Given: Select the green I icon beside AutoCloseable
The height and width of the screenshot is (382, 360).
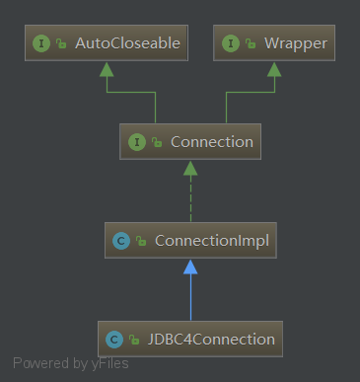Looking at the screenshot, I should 40,43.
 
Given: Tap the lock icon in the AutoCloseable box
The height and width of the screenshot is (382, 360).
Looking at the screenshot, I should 61,44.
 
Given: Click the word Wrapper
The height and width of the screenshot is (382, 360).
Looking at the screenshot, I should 295,43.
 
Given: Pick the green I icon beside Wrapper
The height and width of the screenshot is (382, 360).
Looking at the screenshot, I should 231,43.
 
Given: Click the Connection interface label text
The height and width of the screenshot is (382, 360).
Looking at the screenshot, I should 211,142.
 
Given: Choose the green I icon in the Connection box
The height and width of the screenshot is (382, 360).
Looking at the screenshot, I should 137,142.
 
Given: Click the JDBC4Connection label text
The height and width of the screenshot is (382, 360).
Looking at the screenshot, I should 210,339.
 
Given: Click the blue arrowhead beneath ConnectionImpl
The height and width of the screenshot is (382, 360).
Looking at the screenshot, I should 190,266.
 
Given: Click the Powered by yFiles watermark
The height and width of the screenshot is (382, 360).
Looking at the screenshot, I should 70,362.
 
